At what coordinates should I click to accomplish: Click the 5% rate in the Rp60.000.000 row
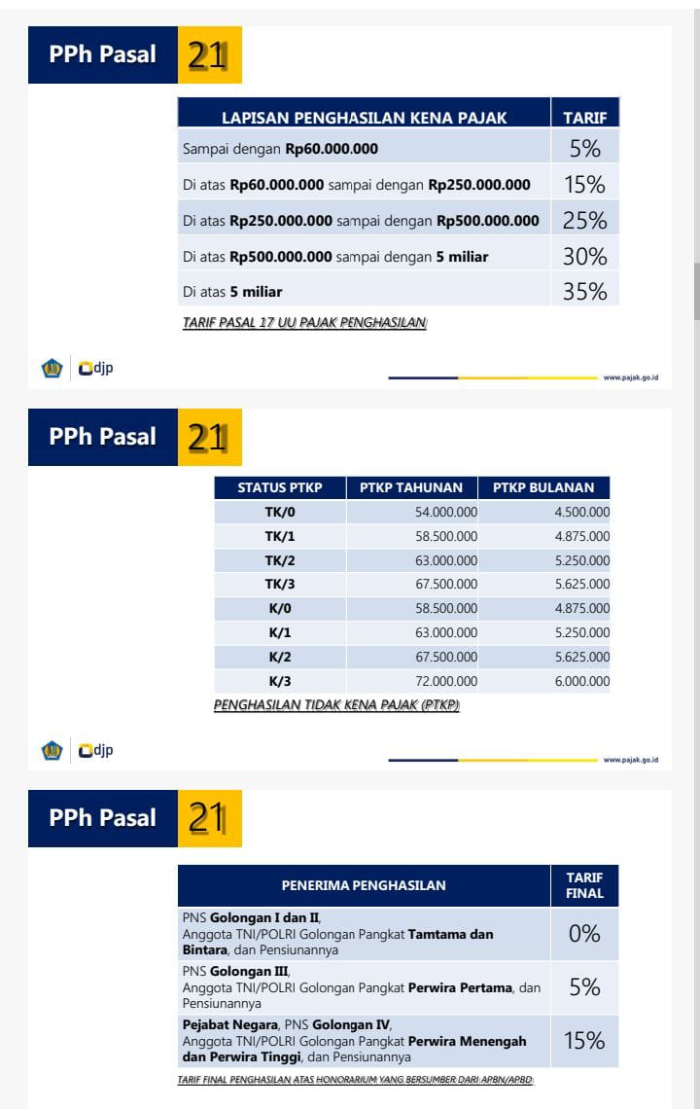(584, 149)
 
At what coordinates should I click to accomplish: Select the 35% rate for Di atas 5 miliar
(584, 291)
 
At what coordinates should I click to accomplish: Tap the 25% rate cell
(584, 221)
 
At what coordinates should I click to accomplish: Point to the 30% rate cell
(584, 257)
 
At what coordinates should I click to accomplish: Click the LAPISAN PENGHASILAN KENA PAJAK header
(364, 118)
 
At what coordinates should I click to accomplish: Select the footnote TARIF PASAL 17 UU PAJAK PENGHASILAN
(304, 323)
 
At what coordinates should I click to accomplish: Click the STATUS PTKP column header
(280, 487)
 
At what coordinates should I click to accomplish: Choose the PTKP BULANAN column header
(543, 487)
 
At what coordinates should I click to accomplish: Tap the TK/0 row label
(280, 512)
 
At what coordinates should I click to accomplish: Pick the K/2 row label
(280, 657)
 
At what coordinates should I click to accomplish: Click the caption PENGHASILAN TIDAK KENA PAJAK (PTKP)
(336, 705)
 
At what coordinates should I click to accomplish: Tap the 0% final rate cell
(584, 934)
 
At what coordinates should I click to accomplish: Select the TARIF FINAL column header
(584, 885)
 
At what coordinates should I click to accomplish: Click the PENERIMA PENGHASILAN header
(364, 885)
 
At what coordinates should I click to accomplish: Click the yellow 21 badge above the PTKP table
(208, 437)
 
